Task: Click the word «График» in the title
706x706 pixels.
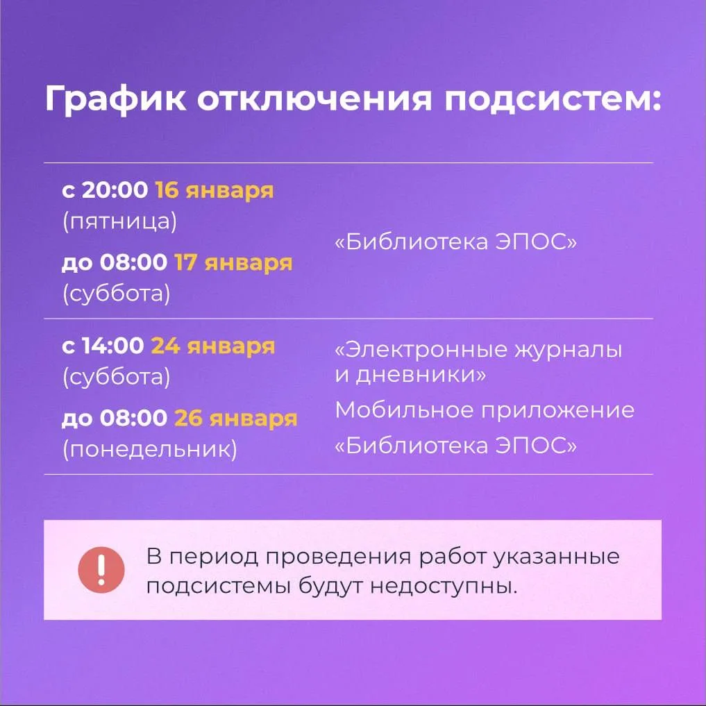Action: pyautogui.click(x=115, y=99)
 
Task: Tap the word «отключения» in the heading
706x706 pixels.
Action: pyautogui.click(x=314, y=99)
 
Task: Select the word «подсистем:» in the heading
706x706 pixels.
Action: pyautogui.click(x=553, y=99)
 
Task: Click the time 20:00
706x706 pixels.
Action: pyautogui.click(x=115, y=190)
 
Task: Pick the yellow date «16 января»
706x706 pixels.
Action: pyautogui.click(x=215, y=190)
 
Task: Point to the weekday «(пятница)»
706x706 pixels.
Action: pyautogui.click(x=120, y=221)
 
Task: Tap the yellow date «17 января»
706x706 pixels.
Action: pyautogui.click(x=233, y=263)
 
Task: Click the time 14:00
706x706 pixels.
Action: pyautogui.click(x=113, y=346)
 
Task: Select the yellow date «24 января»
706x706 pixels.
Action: pyautogui.click(x=213, y=346)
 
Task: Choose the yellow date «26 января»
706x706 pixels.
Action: pyautogui.click(x=236, y=419)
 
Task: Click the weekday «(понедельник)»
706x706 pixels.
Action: pyautogui.click(x=150, y=449)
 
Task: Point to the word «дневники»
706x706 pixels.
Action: pyautogui.click(x=417, y=375)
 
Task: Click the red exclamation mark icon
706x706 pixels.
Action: pyautogui.click(x=101, y=569)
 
